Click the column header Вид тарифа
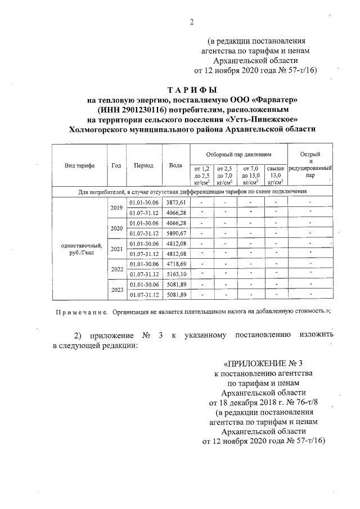pos(79,166)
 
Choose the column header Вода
pos(175,166)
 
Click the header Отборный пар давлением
pos(238,154)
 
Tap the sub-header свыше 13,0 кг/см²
pos(274,174)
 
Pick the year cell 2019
pos(116,208)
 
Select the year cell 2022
pos(116,269)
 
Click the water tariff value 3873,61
pos(176,202)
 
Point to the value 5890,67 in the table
pos(176,233)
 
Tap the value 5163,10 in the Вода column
pos(176,274)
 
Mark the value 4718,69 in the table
pos(176,264)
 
